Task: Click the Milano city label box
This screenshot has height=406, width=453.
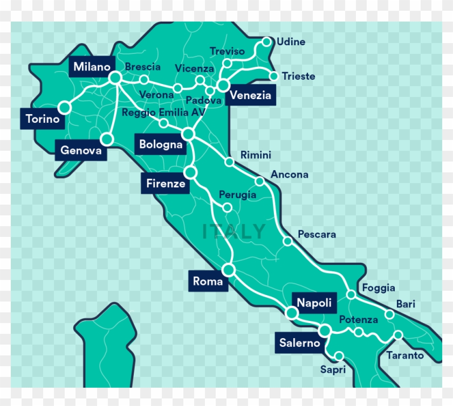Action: point(92,67)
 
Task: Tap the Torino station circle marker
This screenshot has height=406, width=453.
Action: point(65,108)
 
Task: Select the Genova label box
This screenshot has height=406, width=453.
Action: point(81,150)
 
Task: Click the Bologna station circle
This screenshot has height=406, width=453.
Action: point(188,133)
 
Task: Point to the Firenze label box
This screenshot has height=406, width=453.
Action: point(166,184)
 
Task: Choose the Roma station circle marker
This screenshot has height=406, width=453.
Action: point(229,269)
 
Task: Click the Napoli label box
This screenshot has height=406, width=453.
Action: point(314,303)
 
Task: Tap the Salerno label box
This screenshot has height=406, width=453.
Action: point(299,343)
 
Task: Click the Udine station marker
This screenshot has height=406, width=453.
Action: point(266,41)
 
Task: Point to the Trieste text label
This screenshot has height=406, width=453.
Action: point(298,76)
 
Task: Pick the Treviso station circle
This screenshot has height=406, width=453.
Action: point(227,64)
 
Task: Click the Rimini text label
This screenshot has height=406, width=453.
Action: point(256,155)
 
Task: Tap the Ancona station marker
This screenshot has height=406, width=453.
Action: point(260,181)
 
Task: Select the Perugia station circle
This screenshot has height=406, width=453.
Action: point(228,207)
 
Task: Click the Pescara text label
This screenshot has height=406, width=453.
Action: point(317,234)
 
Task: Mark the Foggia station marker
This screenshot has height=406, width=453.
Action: point(351,295)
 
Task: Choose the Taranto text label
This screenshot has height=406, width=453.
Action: point(404,355)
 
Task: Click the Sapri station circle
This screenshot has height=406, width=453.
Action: point(339,356)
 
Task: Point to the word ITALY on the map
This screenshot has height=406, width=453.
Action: point(234,232)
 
